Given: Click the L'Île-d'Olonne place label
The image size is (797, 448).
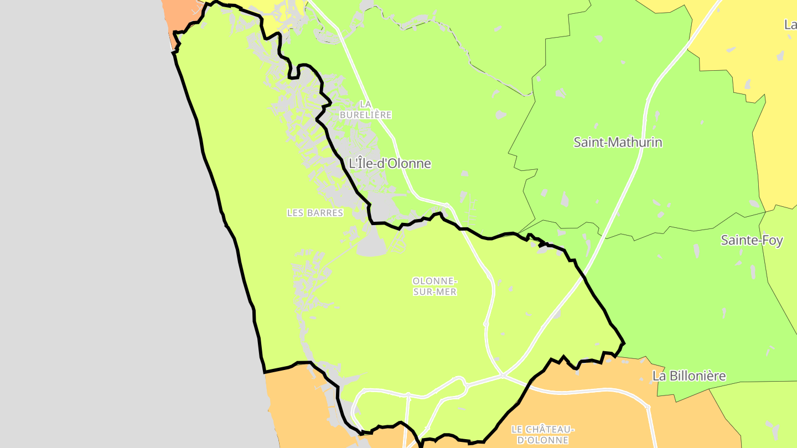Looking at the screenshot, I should (x=390, y=163).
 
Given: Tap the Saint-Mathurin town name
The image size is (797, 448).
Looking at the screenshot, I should (x=618, y=142).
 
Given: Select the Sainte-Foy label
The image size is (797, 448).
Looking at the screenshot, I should (x=752, y=240).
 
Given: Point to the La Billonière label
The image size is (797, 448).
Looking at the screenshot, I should (x=689, y=376).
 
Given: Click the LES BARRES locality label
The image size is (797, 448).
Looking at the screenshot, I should (x=315, y=213).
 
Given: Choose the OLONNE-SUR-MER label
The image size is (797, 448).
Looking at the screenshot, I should (x=435, y=286).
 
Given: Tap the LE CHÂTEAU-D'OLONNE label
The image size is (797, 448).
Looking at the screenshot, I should (x=542, y=434).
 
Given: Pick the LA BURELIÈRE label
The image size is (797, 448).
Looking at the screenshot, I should (x=365, y=110).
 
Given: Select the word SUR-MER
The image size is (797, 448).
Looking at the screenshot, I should (x=435, y=292).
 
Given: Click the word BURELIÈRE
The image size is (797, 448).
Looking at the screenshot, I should (x=365, y=115).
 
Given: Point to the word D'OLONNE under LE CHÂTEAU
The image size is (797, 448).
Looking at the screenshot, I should (x=542, y=440).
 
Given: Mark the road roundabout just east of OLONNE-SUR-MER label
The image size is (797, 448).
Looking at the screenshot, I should (x=486, y=324).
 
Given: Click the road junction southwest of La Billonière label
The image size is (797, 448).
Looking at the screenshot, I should (x=648, y=408).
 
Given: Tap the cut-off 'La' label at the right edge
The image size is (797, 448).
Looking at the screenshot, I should (x=790, y=24).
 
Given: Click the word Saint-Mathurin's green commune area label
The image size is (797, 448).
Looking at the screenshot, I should (x=618, y=142).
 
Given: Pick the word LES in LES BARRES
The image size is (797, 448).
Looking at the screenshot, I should (x=294, y=213).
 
